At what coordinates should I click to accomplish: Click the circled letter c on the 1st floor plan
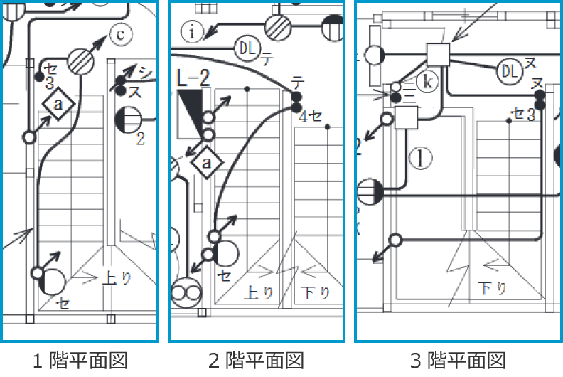[122, 33]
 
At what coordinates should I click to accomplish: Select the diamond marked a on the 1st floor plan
[59, 105]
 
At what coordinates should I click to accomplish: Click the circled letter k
[427, 82]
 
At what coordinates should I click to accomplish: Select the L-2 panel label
[193, 79]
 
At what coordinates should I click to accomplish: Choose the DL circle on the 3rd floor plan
[509, 70]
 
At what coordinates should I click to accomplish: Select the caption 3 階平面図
[458, 361]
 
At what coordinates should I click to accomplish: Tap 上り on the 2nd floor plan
[259, 292]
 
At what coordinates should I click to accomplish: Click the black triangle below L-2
[190, 114]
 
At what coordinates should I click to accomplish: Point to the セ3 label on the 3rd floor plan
[523, 114]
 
